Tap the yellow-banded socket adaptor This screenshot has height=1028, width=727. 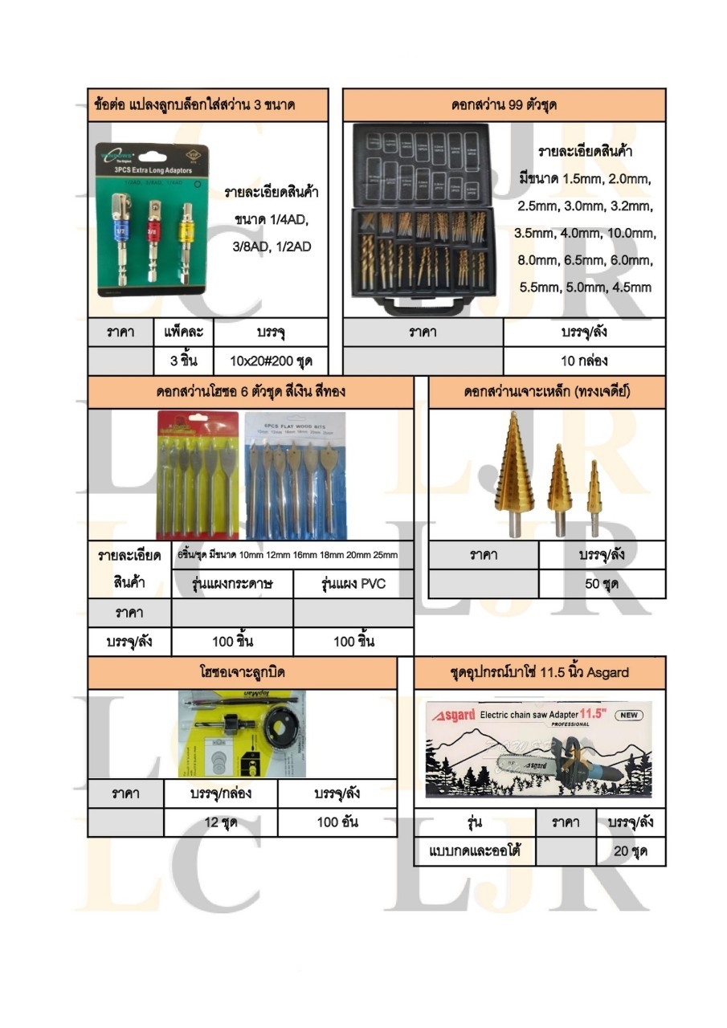click(186, 233)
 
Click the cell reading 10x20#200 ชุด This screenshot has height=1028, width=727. click(271, 361)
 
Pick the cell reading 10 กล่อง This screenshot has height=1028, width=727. click(584, 361)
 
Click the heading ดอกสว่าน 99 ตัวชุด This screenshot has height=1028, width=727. click(504, 105)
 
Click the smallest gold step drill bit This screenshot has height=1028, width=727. click(594, 498)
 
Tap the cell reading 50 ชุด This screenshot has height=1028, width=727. click(602, 584)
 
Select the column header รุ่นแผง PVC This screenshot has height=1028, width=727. click(353, 584)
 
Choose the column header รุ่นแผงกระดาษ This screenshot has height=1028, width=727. click(233, 584)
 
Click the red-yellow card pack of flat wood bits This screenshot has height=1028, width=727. click(198, 474)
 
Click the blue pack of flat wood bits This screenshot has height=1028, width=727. click(294, 474)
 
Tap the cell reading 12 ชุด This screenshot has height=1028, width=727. click(221, 822)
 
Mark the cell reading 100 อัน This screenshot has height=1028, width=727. click(337, 822)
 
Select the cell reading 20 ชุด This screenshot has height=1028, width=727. click(631, 851)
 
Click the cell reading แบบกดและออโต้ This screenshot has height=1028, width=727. click(475, 851)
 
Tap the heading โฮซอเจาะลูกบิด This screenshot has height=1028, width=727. click(242, 672)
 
